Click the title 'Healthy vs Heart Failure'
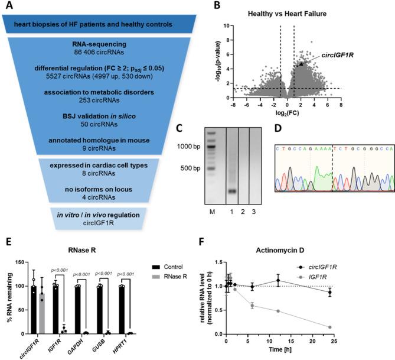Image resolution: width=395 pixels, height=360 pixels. [293, 16]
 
